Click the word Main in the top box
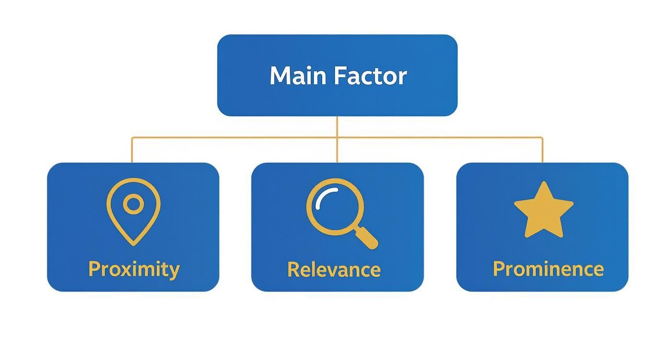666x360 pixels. [298, 76]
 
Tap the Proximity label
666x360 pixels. [134, 270]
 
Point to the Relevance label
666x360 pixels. [334, 270]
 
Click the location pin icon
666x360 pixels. [133, 211]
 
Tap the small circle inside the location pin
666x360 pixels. [133, 204]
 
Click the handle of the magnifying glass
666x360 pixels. [367, 238]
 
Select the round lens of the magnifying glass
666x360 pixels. [335, 206]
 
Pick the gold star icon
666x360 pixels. [544, 211]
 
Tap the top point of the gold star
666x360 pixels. [544, 183]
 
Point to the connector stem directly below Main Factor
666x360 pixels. [337, 126]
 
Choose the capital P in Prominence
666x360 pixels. [499, 269]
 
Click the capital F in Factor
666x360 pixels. [339, 76]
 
